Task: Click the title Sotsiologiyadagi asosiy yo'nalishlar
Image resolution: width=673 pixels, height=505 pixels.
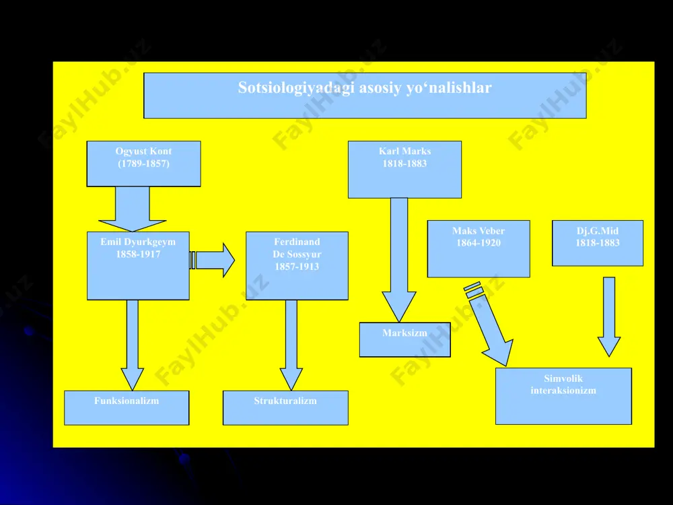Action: click(x=365, y=88)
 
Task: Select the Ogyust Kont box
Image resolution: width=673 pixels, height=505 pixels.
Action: click(x=143, y=164)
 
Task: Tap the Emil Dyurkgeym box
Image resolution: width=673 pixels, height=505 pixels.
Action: click(x=138, y=266)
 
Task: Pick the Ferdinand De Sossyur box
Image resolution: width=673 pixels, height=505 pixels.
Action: click(x=297, y=266)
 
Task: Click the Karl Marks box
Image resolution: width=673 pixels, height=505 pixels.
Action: click(x=404, y=170)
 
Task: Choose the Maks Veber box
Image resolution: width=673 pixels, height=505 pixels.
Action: click(x=479, y=249)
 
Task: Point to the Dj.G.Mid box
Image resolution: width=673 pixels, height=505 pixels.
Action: click(x=598, y=243)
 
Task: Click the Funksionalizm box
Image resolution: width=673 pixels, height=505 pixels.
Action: click(x=127, y=408)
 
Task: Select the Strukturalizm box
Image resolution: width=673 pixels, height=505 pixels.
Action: click(x=285, y=408)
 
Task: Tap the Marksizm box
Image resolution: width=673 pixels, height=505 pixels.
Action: click(x=404, y=339)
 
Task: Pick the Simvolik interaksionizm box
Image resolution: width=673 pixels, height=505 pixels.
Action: click(x=563, y=397)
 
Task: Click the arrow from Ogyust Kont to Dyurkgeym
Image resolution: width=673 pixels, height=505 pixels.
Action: click(x=132, y=209)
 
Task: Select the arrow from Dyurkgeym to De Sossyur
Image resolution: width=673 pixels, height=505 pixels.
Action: click(x=213, y=260)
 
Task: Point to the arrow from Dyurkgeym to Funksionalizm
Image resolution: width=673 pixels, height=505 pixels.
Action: click(x=132, y=345)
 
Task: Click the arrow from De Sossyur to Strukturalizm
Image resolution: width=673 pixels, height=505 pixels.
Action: click(x=291, y=345)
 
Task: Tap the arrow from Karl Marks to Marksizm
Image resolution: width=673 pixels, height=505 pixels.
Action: click(x=399, y=260)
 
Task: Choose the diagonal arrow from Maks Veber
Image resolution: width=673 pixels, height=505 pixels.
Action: click(x=489, y=325)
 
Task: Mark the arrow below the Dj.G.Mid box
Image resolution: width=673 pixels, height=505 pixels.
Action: click(x=609, y=317)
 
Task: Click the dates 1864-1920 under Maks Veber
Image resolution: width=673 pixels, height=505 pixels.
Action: click(x=479, y=243)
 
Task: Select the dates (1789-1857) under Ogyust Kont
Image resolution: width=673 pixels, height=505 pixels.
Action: click(x=143, y=164)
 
